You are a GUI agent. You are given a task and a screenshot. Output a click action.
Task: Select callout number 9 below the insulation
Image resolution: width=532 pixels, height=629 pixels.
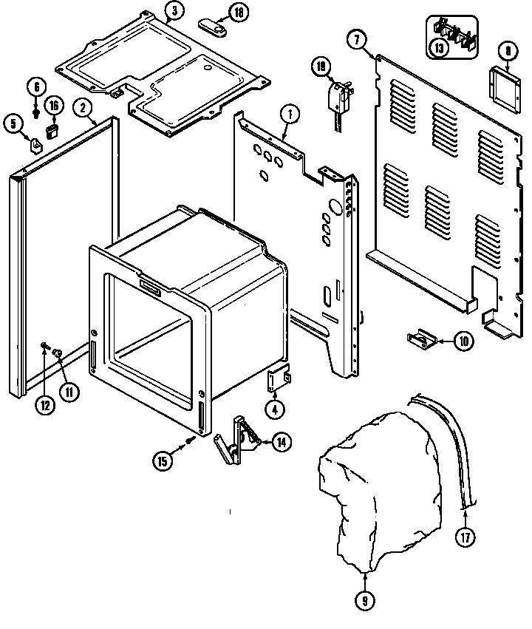(365, 601)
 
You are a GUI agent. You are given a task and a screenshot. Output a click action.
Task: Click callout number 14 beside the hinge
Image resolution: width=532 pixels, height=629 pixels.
(280, 442)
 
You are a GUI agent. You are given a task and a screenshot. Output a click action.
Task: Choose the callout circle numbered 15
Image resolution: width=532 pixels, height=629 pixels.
(163, 460)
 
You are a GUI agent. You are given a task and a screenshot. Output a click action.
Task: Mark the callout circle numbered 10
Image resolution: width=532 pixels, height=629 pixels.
(463, 341)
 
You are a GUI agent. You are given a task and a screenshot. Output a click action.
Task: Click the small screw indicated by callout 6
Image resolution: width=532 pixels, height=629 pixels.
(36, 112)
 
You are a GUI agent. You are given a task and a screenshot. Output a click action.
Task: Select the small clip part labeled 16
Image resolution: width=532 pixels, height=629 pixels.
(52, 131)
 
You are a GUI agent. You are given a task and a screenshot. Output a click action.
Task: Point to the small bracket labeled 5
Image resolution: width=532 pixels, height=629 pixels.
(35, 142)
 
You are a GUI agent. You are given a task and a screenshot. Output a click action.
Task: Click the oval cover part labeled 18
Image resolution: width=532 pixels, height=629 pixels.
(213, 27)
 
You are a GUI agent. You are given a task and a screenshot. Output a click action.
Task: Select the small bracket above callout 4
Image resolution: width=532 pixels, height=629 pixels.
(278, 378)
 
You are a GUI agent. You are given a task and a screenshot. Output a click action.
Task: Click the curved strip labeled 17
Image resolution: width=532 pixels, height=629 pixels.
(452, 443)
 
